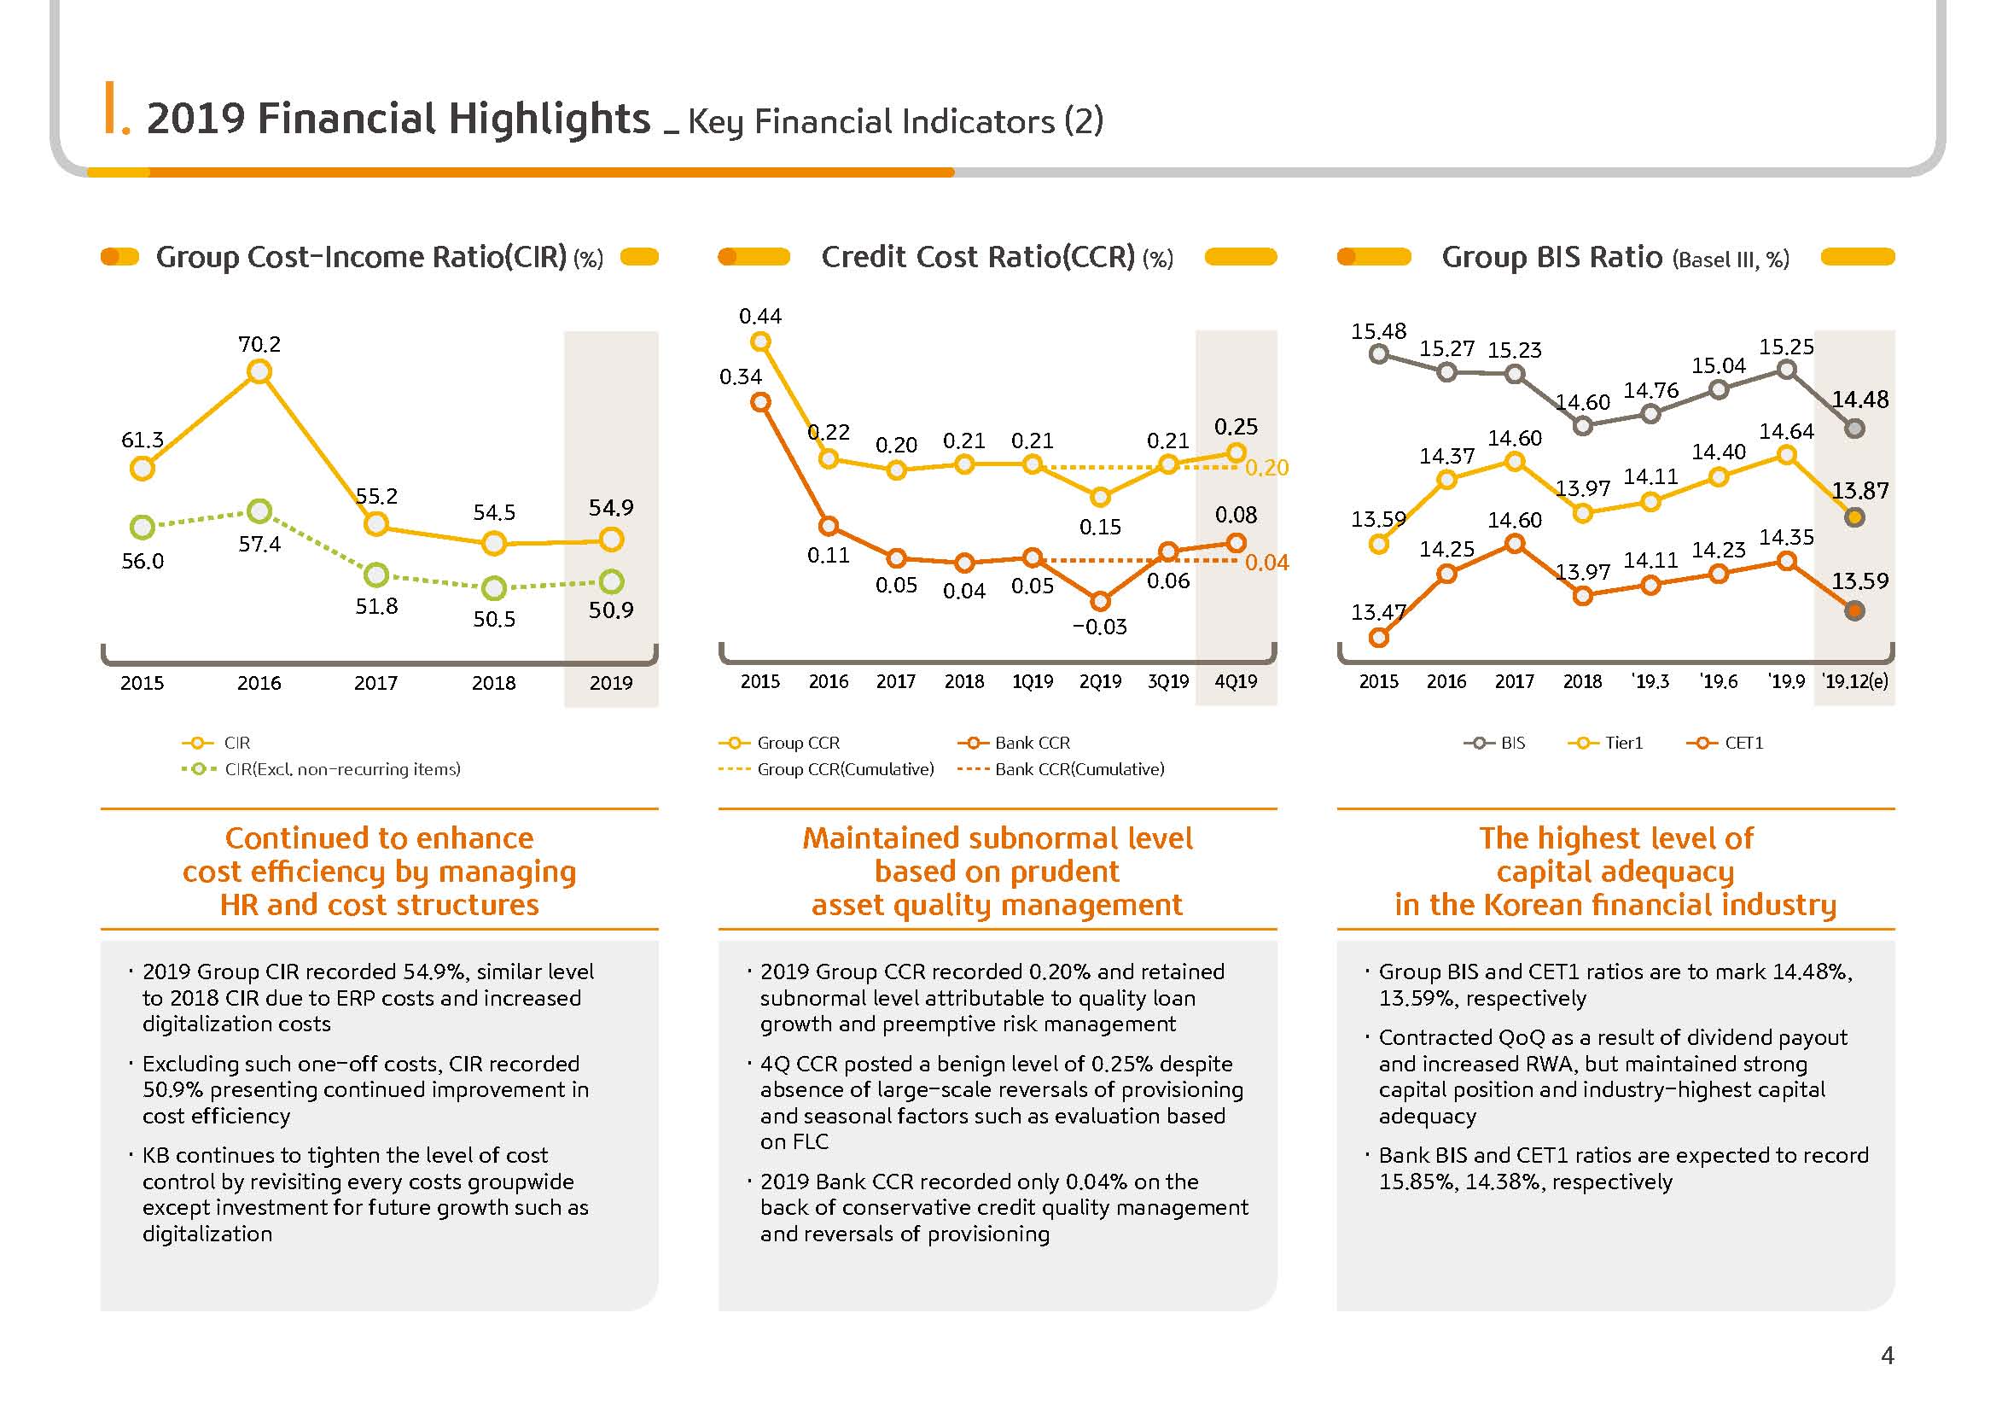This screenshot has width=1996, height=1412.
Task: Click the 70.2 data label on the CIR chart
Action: coord(259,344)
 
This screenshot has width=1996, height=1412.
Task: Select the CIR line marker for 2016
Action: coord(259,372)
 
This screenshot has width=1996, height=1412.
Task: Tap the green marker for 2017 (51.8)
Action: coord(375,575)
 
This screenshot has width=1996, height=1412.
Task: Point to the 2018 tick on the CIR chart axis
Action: coord(494,683)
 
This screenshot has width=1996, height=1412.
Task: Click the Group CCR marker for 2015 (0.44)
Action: coord(760,341)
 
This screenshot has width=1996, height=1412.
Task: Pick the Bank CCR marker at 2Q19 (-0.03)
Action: coord(1100,601)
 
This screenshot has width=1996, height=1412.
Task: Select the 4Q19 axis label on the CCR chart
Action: coord(1236,681)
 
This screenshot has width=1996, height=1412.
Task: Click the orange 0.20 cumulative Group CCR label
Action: coord(1266,468)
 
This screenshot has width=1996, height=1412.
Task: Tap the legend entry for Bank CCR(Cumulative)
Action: coord(1061,769)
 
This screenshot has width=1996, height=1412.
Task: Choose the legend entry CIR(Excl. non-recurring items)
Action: coord(321,769)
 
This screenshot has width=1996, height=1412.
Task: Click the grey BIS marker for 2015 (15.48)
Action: coord(1379,354)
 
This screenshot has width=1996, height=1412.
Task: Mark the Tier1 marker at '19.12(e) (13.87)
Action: coord(1854,517)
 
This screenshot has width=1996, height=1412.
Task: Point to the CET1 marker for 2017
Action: coord(1515,544)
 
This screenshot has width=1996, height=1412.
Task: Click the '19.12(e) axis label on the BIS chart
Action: coord(1855,681)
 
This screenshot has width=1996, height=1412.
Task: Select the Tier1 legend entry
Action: coord(1605,744)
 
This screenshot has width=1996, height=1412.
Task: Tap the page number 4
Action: coord(1888,1356)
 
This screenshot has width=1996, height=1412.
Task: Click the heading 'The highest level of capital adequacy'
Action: coord(1616,855)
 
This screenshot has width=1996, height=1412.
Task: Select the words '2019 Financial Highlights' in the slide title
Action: coord(399,119)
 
